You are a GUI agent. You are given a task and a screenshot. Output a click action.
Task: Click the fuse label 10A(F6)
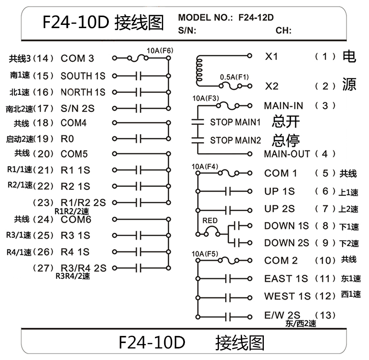pos(160,51)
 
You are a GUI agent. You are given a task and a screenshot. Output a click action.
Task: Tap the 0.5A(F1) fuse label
pos(234,77)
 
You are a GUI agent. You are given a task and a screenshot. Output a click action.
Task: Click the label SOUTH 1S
pos(83,76)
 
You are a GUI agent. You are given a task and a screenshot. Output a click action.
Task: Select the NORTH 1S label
pos(83,92)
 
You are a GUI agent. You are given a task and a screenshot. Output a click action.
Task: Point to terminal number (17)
pos(45,109)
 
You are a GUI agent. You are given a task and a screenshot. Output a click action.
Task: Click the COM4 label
pos(74,123)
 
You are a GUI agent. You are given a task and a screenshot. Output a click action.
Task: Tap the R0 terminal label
pos(67,138)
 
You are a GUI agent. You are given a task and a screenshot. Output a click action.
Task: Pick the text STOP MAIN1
pos(235,123)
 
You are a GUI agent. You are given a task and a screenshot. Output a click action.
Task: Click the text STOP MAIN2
pos(235,140)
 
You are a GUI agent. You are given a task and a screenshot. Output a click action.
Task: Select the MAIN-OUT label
pos(287,153)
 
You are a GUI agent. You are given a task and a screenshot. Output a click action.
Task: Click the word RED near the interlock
pos(210,221)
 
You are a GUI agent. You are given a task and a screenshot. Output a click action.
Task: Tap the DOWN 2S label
pos(286,242)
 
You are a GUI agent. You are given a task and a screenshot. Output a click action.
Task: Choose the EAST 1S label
pos(286,279)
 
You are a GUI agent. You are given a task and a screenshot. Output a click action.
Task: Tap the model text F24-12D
pos(256,18)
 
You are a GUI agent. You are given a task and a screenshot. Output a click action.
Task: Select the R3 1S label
pos(75,236)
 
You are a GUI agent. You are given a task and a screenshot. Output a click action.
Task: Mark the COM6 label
pos(76,219)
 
